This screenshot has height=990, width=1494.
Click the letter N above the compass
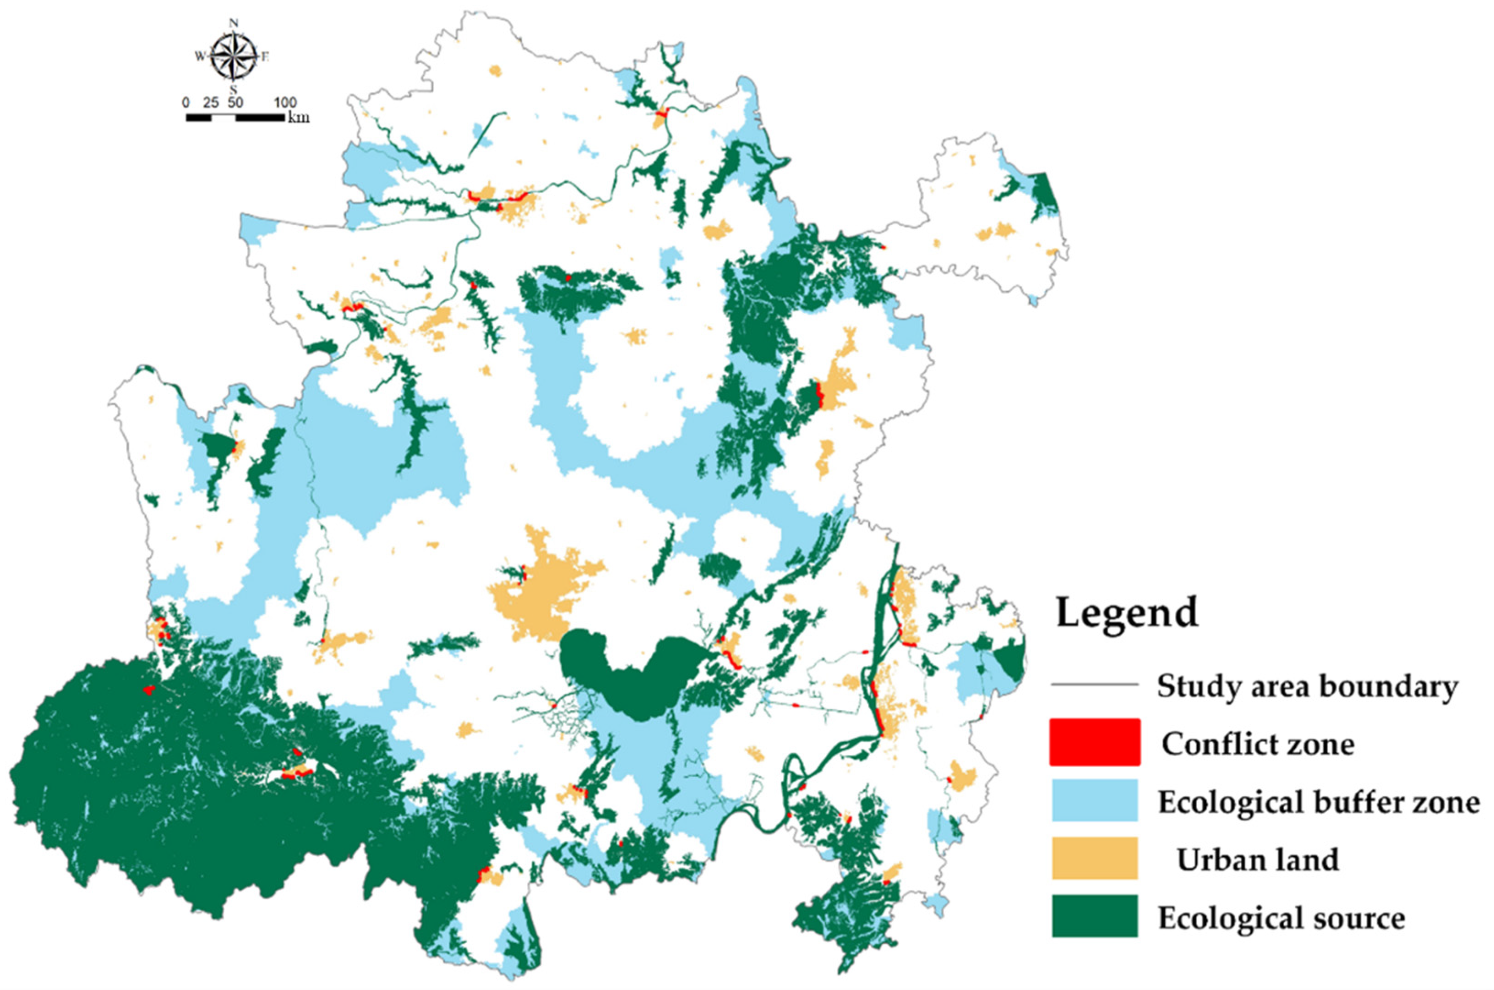tap(234, 23)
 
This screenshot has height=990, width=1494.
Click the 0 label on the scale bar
tap(185, 103)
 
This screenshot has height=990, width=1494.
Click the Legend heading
tap(1127, 612)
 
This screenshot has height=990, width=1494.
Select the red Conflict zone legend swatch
tap(1094, 742)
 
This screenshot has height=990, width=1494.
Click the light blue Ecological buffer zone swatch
tap(1094, 800)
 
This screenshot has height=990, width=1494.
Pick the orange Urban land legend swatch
tap(1094, 858)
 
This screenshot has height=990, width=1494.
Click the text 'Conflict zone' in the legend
tap(1258, 744)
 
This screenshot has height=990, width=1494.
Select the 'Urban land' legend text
tap(1257, 859)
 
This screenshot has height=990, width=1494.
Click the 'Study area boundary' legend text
tap(1307, 685)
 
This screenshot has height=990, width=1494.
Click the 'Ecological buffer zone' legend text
tap(1319, 802)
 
